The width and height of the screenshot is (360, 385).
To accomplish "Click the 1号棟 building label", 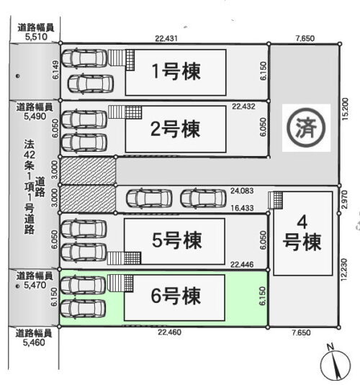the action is point(176,71).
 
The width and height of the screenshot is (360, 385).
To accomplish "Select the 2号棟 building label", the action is point(175,129).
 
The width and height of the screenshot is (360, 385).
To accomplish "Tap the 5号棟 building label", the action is point(176,240).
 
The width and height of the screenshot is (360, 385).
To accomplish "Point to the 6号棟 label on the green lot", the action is point(176,296).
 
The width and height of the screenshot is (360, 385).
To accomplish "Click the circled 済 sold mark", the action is point(306,127).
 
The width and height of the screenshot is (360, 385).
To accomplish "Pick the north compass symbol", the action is point(336,363).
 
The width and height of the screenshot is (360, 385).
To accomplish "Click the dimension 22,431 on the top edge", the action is point(166,39).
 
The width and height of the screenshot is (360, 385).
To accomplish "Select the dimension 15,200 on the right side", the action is point(345,109).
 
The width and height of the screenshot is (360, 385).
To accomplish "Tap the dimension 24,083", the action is point(242,191).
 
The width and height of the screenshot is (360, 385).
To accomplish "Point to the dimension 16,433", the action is point(242,208).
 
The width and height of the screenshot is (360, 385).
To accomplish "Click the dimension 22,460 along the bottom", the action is point(169,332).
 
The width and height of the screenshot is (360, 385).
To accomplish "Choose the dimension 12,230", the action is point(344,269).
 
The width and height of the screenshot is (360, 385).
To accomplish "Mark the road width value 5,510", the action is point(36,37).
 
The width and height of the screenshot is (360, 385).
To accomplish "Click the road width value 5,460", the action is point(34,343).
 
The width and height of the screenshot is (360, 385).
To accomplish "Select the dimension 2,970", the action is point(344,199).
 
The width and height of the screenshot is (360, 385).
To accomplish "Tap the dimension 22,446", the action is point(242,264).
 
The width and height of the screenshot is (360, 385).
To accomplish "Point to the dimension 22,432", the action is point(244,107).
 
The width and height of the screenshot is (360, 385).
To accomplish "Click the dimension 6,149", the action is point(55,70).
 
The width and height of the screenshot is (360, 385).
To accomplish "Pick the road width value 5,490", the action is point(35,116).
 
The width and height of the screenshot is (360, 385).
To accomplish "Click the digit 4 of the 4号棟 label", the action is point(302,222).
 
